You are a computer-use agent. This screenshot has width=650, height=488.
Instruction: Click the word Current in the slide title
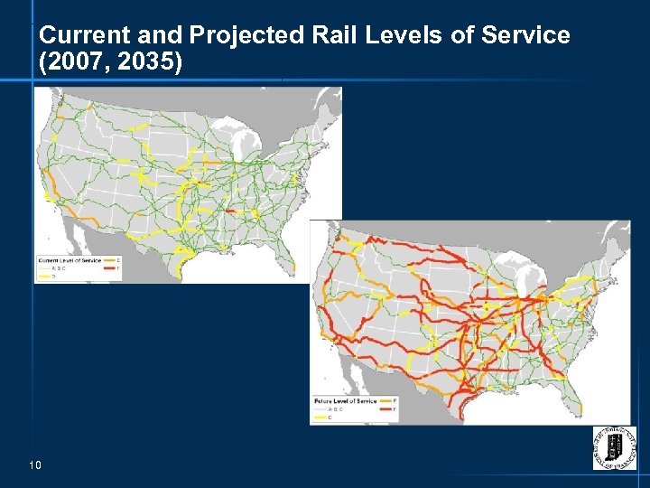coord(75,35)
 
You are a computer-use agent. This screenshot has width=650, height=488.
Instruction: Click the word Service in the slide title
coord(525,35)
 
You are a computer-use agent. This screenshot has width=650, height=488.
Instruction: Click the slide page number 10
coord(36,465)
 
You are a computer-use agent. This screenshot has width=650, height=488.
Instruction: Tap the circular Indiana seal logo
coord(613,447)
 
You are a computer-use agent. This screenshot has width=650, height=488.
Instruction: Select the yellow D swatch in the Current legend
coord(43,277)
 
